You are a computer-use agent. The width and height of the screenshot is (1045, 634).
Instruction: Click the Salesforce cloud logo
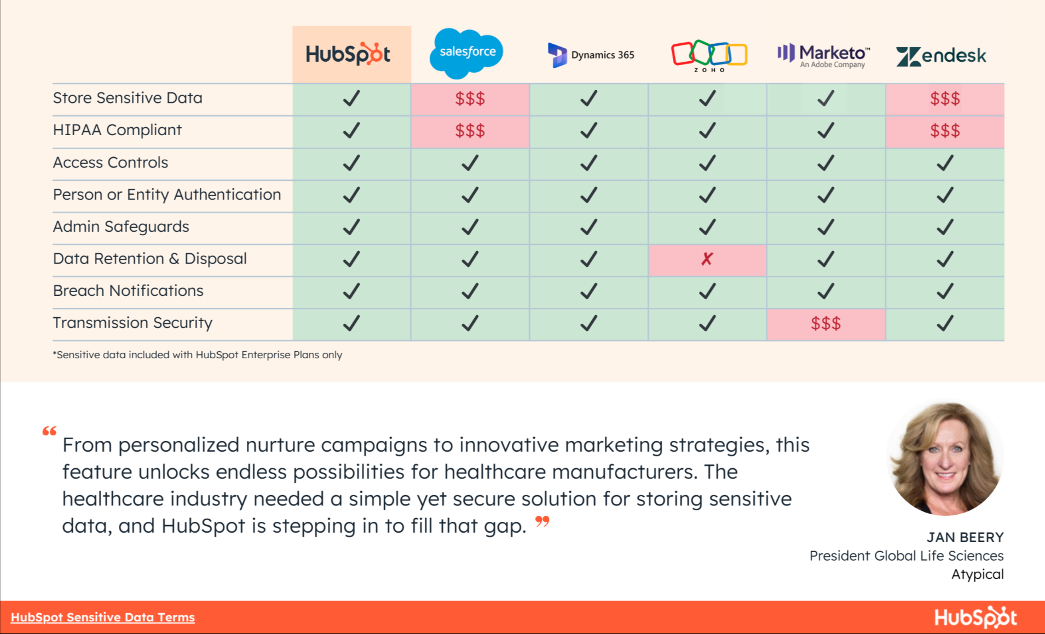tap(466, 53)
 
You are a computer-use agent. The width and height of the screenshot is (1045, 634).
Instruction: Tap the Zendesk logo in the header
tap(941, 56)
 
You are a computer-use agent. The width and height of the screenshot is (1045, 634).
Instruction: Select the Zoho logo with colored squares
tap(709, 55)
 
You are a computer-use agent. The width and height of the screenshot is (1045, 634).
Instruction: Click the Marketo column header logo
tap(824, 55)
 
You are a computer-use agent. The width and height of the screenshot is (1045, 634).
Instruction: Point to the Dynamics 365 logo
tap(591, 55)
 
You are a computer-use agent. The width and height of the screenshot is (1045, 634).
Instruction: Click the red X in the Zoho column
tap(707, 259)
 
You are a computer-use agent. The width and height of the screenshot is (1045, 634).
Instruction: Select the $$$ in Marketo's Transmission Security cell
tap(825, 323)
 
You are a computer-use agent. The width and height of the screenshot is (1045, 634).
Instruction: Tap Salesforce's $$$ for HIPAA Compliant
tap(470, 131)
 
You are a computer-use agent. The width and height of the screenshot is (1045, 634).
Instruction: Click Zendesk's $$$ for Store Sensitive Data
tap(945, 99)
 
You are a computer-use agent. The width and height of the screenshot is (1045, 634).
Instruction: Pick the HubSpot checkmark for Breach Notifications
tap(351, 291)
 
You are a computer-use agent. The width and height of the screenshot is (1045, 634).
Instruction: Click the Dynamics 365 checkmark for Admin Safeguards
tap(588, 227)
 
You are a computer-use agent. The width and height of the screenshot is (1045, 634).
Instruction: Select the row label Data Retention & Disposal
tap(149, 259)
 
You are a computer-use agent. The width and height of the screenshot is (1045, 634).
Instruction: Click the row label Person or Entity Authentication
tap(166, 195)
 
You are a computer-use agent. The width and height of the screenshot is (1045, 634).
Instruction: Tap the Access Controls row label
tap(110, 162)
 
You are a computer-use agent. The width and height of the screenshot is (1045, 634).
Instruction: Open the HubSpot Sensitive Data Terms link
tap(102, 617)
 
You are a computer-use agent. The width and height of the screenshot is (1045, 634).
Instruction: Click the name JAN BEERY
tap(965, 537)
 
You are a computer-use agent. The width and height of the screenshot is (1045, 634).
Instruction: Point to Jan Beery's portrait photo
tap(945, 458)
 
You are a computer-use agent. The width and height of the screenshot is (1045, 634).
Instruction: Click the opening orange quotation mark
tap(49, 431)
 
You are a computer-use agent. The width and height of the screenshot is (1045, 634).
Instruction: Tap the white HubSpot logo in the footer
tap(975, 617)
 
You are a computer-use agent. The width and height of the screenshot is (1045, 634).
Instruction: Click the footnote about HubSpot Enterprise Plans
tap(197, 355)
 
